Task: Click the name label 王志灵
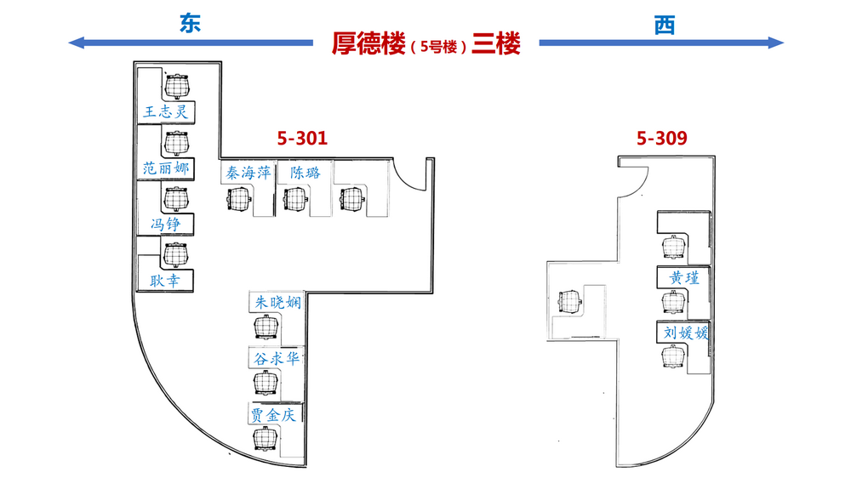[x=166, y=111]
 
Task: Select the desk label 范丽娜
[x=166, y=168]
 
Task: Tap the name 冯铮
[x=166, y=224]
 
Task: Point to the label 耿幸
[x=165, y=281]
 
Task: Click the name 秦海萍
[x=248, y=173]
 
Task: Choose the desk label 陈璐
[x=305, y=173]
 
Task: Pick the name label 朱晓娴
[x=278, y=302]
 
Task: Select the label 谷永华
[x=277, y=358]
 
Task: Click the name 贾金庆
[x=273, y=415]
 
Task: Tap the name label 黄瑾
[x=684, y=278]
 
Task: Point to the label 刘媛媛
[x=686, y=332]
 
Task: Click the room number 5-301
[x=302, y=138]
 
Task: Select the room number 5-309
[x=661, y=138]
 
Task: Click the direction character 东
[x=191, y=23]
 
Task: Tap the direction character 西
[x=665, y=25]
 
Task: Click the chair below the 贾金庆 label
[x=266, y=438]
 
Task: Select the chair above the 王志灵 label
[x=177, y=86]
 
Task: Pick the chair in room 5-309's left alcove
[x=570, y=301]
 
